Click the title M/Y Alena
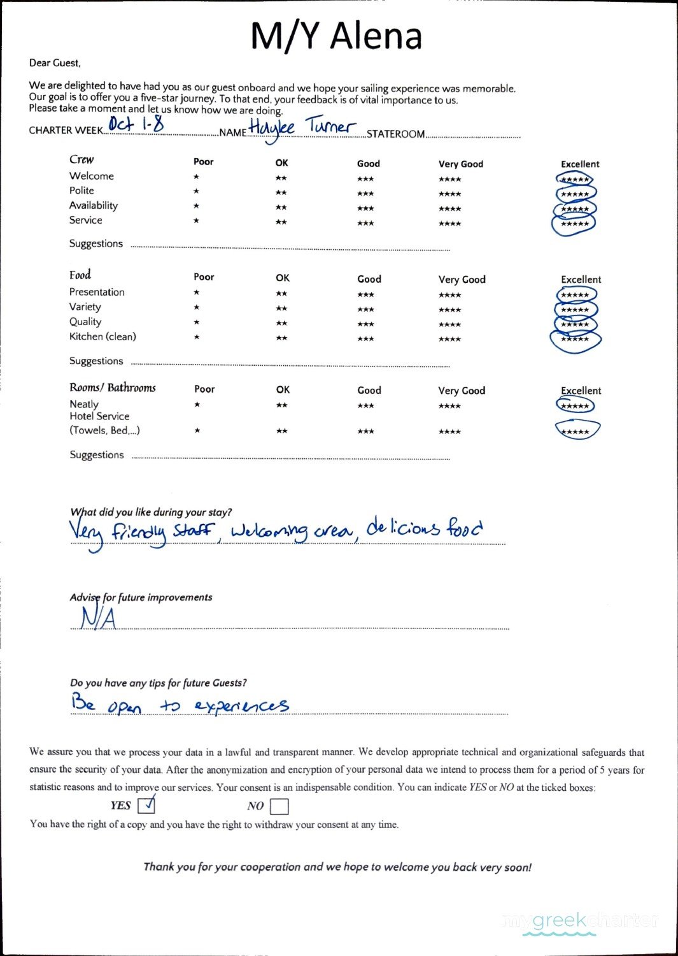[336, 36]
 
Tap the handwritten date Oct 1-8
[136, 124]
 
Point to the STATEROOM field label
[395, 134]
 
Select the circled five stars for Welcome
[575, 180]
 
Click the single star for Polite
[196, 191]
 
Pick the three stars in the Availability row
[365, 208]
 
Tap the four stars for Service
[449, 224]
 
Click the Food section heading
[80, 275]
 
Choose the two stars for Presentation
[281, 294]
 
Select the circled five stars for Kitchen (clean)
[575, 340]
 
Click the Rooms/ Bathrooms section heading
[113, 387]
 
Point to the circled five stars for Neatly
[575, 406]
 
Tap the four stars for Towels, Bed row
[449, 431]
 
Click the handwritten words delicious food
[424, 529]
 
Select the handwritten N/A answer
[98, 618]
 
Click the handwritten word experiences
[241, 706]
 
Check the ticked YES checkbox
[146, 806]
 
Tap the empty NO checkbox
[279, 807]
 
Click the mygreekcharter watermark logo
[579, 922]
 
